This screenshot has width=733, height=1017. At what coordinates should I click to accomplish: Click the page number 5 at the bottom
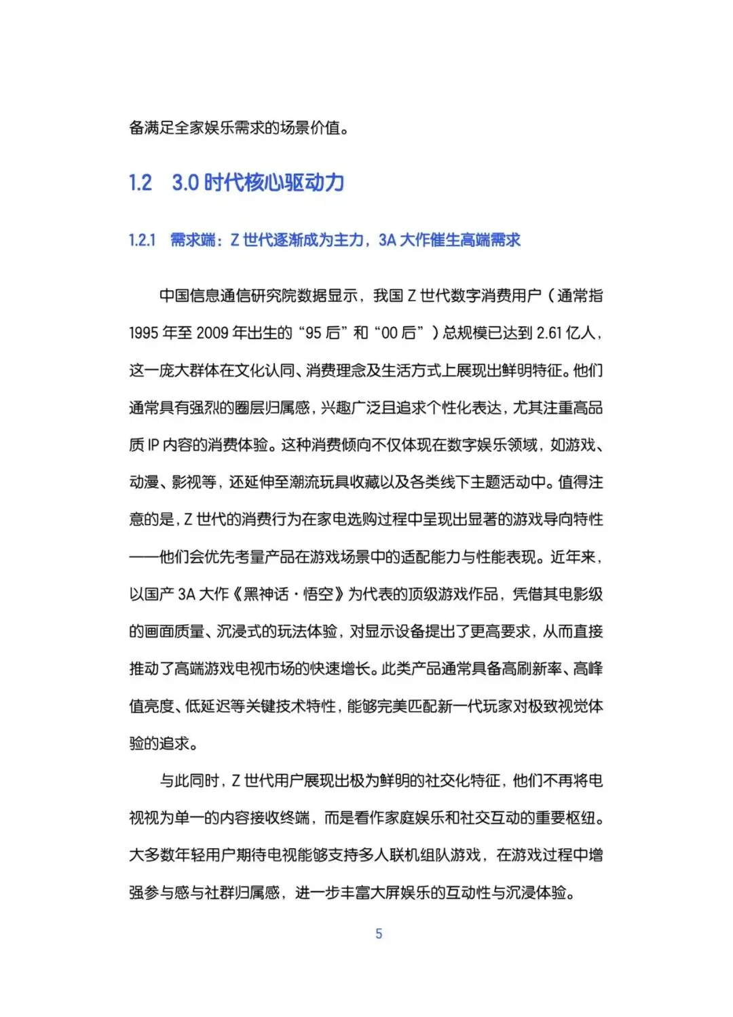point(379,934)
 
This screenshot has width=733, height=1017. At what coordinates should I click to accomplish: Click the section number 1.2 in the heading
point(140,183)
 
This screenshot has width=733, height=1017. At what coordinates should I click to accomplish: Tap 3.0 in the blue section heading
point(185,183)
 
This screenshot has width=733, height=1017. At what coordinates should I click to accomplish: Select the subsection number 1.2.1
point(143,240)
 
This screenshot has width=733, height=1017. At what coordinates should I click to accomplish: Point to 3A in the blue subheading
point(387,240)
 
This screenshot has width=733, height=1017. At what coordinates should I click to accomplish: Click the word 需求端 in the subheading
point(192,240)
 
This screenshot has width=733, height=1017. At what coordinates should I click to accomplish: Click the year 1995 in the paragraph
point(145,333)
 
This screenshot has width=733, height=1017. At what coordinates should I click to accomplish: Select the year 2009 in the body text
point(212,333)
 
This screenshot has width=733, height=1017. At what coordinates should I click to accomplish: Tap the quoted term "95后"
point(322,333)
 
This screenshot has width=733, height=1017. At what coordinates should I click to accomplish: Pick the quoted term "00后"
point(398,333)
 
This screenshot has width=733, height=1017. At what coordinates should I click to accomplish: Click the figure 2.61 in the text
point(549,333)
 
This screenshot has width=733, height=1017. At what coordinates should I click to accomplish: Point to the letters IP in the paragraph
point(153,445)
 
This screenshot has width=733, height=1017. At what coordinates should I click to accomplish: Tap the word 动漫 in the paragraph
point(144,482)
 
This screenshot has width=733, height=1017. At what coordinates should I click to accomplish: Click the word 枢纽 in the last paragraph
point(584,818)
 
